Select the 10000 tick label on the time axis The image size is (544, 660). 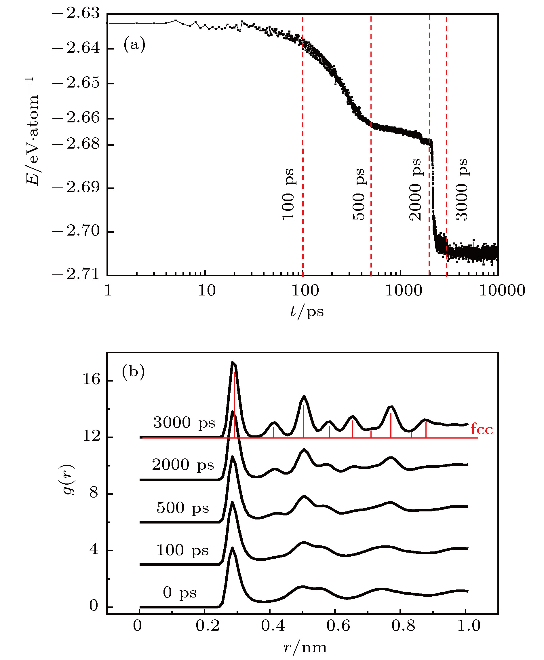pos(502,290)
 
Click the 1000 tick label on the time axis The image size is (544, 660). pos(404,290)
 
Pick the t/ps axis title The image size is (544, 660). pos(307,311)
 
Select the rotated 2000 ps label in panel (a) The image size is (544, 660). pos(415,189)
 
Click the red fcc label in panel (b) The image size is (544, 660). pos(482,429)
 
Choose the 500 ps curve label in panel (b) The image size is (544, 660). pos(183,508)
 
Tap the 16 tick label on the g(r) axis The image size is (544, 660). pos(91,380)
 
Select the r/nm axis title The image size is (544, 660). pos(305,647)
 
